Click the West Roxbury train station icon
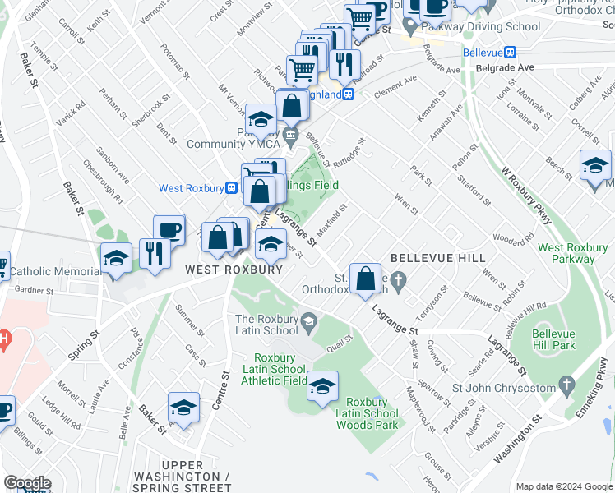point(233,188)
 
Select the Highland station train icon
point(349,94)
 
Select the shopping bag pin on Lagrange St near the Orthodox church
point(364,279)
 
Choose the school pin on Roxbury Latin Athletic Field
point(322,386)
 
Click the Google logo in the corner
point(26,483)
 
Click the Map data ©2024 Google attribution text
point(563,486)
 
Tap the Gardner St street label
point(34,290)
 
